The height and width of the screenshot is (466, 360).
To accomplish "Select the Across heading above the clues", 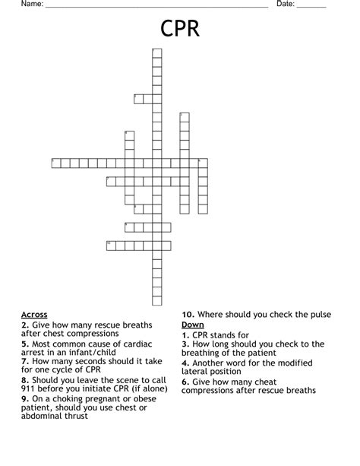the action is coord(34,314).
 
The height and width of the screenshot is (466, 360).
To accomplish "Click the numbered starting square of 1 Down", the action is coord(156,52).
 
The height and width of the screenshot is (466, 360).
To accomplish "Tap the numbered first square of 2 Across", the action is coord(138,97).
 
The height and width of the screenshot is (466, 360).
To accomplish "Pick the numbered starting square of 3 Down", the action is coord(184,116).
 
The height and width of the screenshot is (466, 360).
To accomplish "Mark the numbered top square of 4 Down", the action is coord(129,135).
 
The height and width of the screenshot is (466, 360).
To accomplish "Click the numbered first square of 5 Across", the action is coord(55,162).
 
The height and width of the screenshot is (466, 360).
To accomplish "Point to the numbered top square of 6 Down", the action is coord(202,162).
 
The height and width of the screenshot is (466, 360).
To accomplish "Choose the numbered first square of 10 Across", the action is coord(110,245).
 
